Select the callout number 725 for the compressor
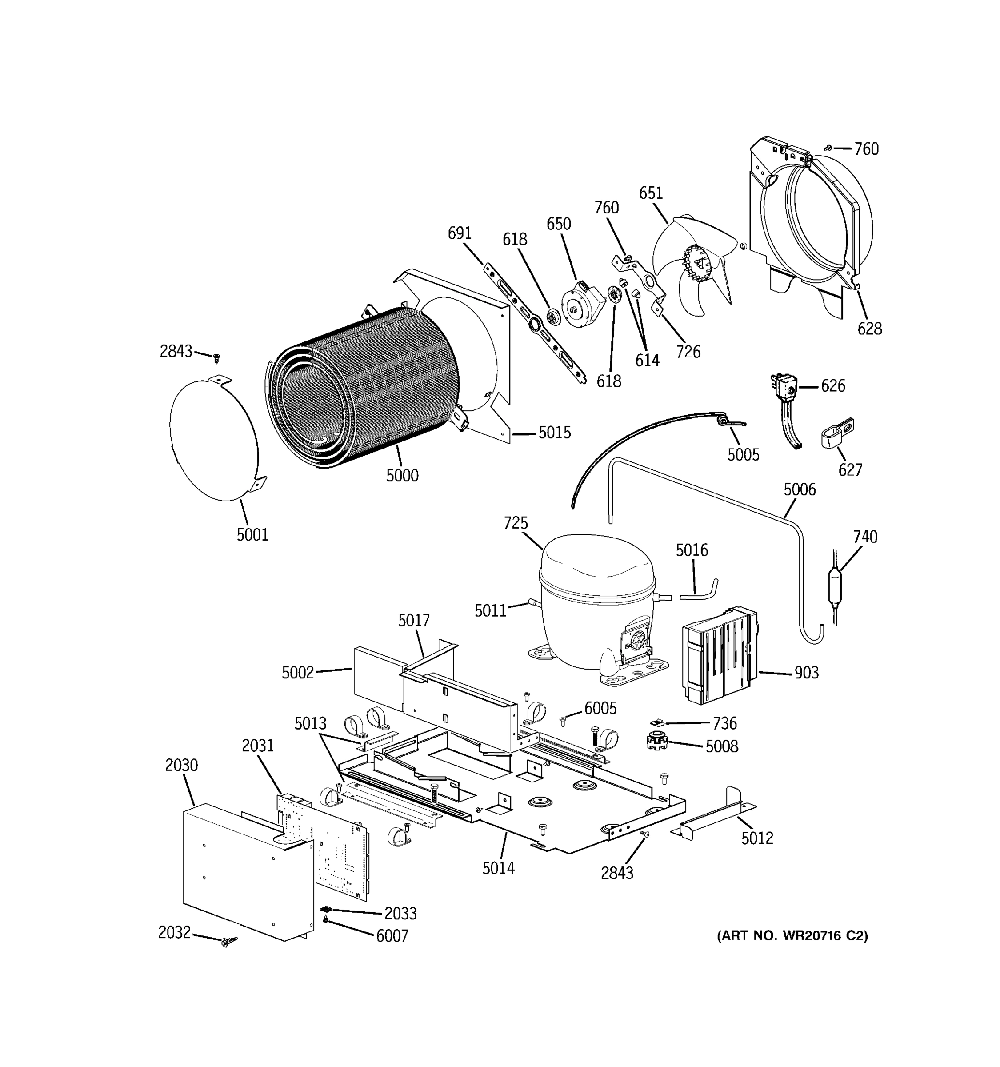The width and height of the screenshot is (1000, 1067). pos(516,523)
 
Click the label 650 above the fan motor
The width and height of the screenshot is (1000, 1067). pos(559,224)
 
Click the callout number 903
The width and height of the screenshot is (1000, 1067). pos(806,673)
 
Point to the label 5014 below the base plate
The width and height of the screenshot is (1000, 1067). pos(498,868)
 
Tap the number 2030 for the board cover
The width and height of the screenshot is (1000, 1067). pos(181,765)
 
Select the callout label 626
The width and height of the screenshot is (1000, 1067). pos(832,386)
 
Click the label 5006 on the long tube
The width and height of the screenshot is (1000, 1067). pos(800,489)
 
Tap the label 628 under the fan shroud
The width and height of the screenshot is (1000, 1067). pos(869,329)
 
